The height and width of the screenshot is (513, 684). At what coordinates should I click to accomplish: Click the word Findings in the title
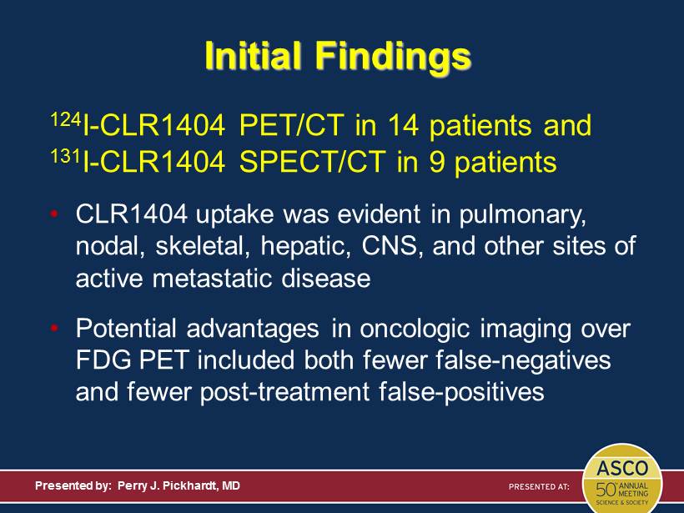[x=393, y=57]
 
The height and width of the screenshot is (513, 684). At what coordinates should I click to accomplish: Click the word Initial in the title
[x=254, y=55]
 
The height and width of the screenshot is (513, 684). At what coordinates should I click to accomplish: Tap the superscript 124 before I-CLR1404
[x=66, y=119]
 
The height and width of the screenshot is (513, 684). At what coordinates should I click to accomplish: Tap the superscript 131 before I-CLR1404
[x=66, y=156]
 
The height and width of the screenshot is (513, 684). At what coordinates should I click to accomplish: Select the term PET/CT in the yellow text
[x=292, y=125]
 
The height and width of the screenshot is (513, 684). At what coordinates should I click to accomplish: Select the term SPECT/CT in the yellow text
[x=313, y=162]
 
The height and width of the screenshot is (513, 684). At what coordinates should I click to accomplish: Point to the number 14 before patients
[x=402, y=125]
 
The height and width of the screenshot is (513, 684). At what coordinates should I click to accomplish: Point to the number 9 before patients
[x=436, y=162]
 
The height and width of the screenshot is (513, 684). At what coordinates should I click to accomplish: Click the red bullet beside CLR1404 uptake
[x=54, y=214]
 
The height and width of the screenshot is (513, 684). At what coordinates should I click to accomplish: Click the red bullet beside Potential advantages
[x=54, y=328]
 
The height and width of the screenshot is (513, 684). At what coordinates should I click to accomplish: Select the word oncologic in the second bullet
[x=415, y=329]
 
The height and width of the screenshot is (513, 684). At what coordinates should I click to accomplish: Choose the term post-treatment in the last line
[x=284, y=393]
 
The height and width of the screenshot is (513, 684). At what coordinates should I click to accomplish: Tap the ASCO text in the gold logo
[x=622, y=469]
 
